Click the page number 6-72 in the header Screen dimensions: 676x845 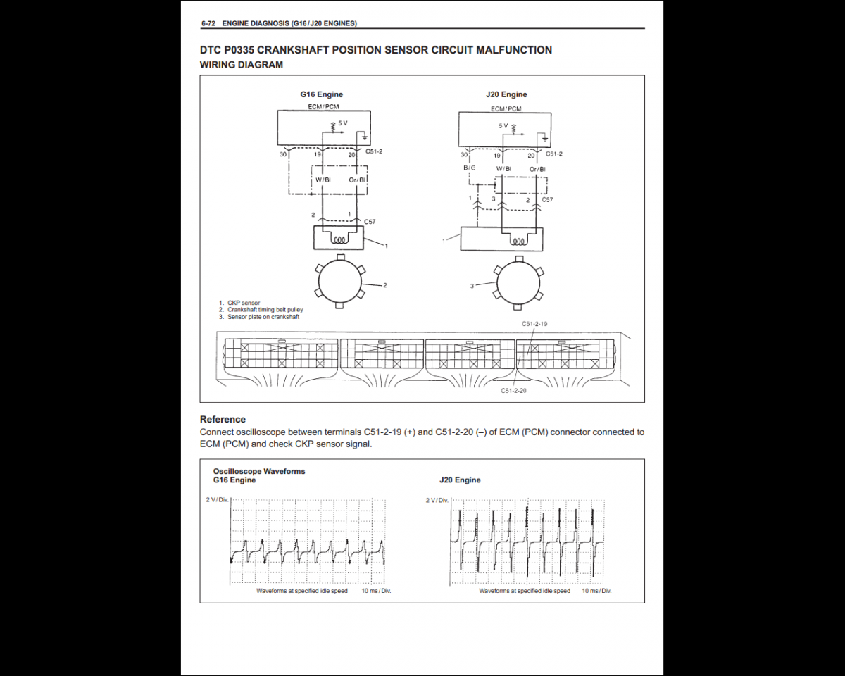tap(208, 23)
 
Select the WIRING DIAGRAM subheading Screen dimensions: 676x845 tap(242, 65)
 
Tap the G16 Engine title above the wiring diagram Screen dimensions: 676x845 tap(322, 94)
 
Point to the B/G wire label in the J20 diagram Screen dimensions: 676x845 tap(470, 168)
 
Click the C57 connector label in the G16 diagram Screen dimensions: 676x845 tap(370, 222)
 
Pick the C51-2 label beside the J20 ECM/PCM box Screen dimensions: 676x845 tap(554, 154)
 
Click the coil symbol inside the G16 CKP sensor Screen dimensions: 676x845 tap(339, 239)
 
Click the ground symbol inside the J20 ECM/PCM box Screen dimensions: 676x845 tap(544, 139)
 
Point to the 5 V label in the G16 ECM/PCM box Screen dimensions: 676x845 tap(343, 123)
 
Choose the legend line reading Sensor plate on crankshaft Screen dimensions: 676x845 tap(263, 317)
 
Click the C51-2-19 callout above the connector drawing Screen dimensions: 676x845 tap(534, 324)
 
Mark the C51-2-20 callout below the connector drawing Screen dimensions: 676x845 tap(513, 390)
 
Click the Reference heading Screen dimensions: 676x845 tap(223, 419)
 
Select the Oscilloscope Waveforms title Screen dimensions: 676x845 tap(259, 471)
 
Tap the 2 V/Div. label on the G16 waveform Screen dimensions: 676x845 tap(217, 499)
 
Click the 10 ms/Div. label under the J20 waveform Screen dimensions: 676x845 tap(596, 591)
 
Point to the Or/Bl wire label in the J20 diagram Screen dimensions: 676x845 tap(537, 169)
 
